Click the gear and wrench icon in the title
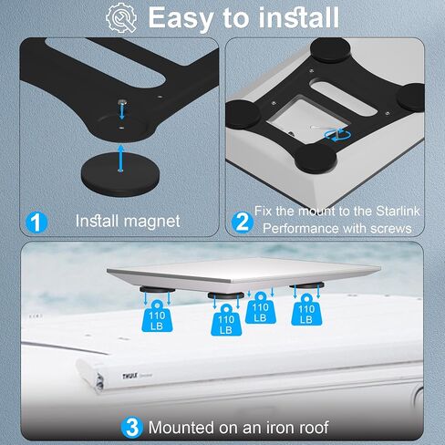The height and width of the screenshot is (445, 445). point(121,17)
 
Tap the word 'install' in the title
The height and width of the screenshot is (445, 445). point(298,17)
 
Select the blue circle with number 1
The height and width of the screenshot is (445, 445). point(36,222)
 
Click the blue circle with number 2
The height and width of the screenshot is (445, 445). point(243,222)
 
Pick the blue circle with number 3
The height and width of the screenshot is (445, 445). point(131,428)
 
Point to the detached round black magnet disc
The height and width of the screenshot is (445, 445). point(120,175)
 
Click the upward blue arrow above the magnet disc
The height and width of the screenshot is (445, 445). point(121,158)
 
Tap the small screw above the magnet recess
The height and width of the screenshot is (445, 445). point(122,102)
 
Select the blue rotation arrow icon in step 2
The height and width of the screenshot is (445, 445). point(337,135)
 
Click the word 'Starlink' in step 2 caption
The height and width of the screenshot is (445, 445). point(398,211)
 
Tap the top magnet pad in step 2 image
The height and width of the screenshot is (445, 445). point(330,49)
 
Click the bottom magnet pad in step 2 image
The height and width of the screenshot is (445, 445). point(316,159)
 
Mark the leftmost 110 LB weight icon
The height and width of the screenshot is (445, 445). point(157,316)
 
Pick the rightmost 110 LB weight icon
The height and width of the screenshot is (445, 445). point(306,310)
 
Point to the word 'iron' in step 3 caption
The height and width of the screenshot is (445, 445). point(283,428)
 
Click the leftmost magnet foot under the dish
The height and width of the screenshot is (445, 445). point(157,289)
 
